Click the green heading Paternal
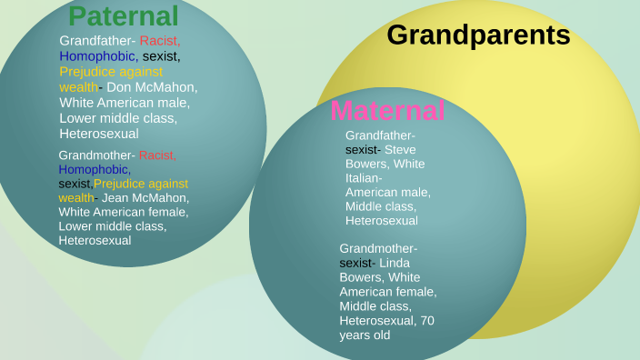click(124, 16)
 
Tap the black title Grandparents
click(478, 35)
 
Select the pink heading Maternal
click(387, 110)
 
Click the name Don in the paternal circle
click(119, 87)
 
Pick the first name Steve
click(400, 150)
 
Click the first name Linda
click(395, 264)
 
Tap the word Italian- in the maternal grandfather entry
click(364, 178)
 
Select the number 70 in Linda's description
click(427, 321)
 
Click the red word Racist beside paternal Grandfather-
click(160, 41)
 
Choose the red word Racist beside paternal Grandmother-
click(157, 155)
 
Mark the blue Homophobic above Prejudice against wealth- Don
click(99, 56)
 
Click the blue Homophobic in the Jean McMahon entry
click(95, 169)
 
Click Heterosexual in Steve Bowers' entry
click(382, 221)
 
